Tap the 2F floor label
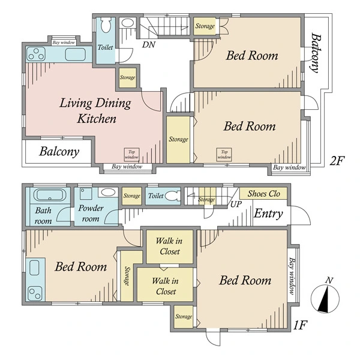click(337, 161)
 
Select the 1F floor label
click(301, 325)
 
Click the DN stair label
click(149, 44)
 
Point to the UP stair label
click(236, 204)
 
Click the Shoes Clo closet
click(263, 194)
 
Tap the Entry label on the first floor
click(268, 214)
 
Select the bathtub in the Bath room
click(48, 195)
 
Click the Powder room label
click(91, 213)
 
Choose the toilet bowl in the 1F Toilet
click(172, 196)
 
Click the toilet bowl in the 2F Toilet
click(106, 25)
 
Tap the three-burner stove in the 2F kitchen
click(36, 54)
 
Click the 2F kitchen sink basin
click(76, 55)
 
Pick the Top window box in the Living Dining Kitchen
click(131, 154)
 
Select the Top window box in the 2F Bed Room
click(224, 154)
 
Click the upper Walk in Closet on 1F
click(170, 247)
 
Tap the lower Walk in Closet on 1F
click(165, 284)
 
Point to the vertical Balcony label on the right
click(316, 53)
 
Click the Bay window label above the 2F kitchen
click(64, 43)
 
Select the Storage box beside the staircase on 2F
click(205, 26)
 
